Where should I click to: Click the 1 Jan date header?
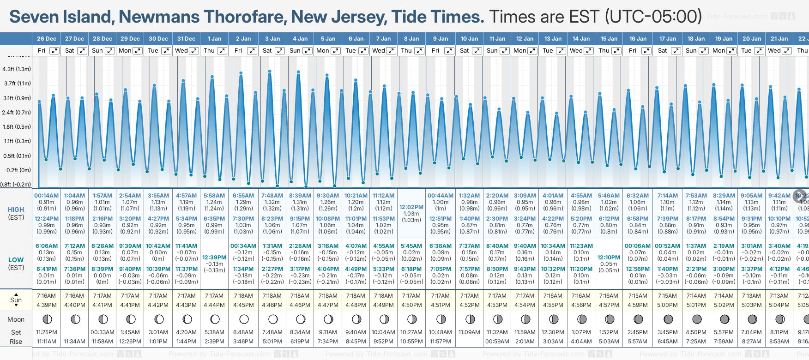point(214,39)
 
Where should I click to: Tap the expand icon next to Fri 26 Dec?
point(54,51)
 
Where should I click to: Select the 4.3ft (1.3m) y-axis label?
point(17,69)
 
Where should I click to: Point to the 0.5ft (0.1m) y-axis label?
point(17,156)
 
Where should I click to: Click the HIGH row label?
point(16,210)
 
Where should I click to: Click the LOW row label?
point(16,260)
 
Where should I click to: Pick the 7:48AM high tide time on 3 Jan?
point(272,196)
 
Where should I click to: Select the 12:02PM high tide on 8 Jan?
point(411,207)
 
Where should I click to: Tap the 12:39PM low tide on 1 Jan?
point(214,258)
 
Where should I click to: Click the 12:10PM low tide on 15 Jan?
point(609,258)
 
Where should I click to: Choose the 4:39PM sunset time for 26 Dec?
point(47,305)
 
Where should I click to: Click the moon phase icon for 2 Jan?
point(244,319)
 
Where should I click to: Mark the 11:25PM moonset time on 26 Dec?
point(47,332)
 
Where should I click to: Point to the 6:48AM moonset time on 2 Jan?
point(243,332)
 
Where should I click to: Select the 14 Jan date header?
point(581,39)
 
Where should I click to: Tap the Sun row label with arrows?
point(16,300)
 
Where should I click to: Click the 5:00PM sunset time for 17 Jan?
point(667,305)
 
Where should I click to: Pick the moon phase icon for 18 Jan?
point(696,319)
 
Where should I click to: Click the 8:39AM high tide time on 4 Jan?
point(300,196)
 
